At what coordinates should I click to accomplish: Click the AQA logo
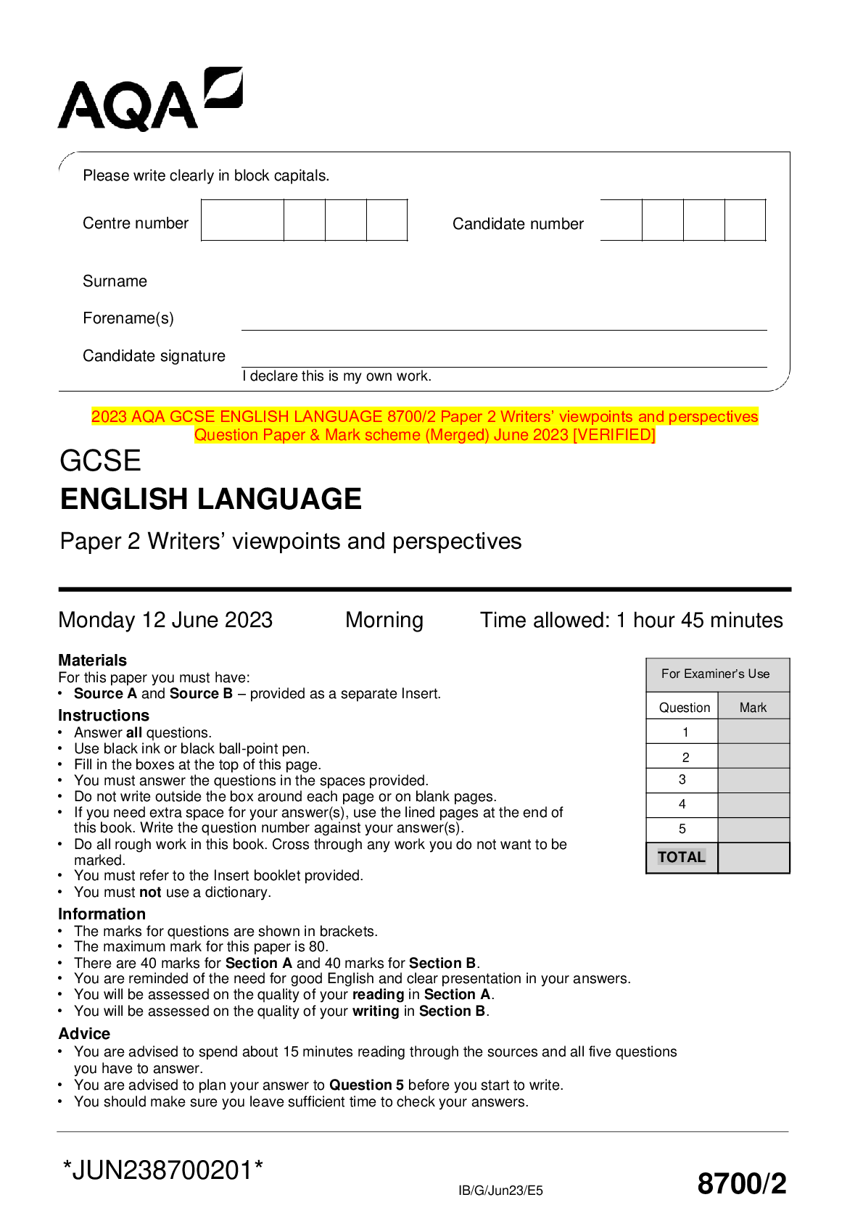click(149, 99)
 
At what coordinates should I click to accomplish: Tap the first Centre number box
click(242, 220)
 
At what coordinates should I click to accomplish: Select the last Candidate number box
click(745, 220)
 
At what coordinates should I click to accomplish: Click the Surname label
click(115, 281)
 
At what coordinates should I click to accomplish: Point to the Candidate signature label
click(154, 356)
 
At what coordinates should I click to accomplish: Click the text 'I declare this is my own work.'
click(336, 376)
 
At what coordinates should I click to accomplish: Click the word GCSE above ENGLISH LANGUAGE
click(100, 461)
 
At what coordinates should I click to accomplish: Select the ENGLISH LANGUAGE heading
click(210, 500)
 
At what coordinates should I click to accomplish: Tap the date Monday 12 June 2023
click(165, 621)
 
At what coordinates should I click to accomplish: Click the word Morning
click(384, 621)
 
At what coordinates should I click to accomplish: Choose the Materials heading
click(92, 661)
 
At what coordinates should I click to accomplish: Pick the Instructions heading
click(104, 716)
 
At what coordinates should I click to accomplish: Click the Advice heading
click(84, 1034)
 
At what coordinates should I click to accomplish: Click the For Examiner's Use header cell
click(715, 674)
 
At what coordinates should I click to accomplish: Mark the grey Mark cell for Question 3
click(753, 780)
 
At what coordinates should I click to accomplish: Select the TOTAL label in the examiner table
click(681, 857)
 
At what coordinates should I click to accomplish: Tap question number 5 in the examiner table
click(682, 829)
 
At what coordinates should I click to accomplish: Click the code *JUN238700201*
click(163, 1170)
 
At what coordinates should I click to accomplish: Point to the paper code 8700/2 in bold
click(741, 1183)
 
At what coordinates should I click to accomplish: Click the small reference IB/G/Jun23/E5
click(500, 1191)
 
